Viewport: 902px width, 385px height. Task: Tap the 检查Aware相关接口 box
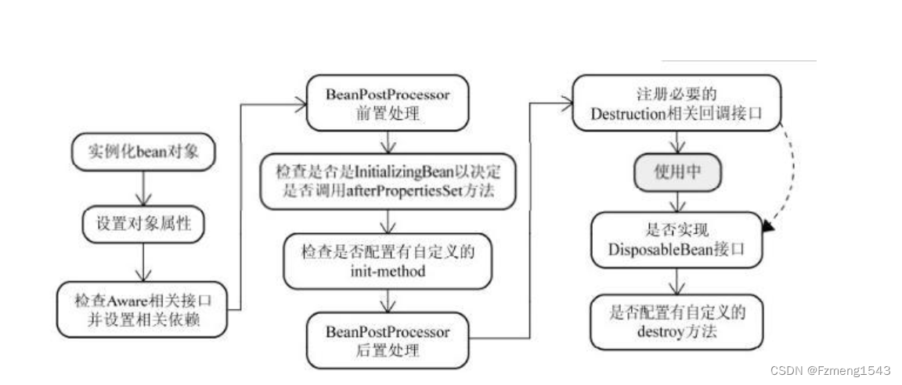(x=144, y=309)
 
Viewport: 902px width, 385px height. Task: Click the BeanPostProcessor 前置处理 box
(x=387, y=103)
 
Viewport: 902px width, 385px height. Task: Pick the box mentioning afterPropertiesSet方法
(x=387, y=182)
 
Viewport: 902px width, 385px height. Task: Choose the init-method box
(x=387, y=261)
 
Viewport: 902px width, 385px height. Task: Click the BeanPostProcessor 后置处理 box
(x=387, y=340)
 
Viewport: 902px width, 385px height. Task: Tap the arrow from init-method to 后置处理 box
(x=387, y=300)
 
